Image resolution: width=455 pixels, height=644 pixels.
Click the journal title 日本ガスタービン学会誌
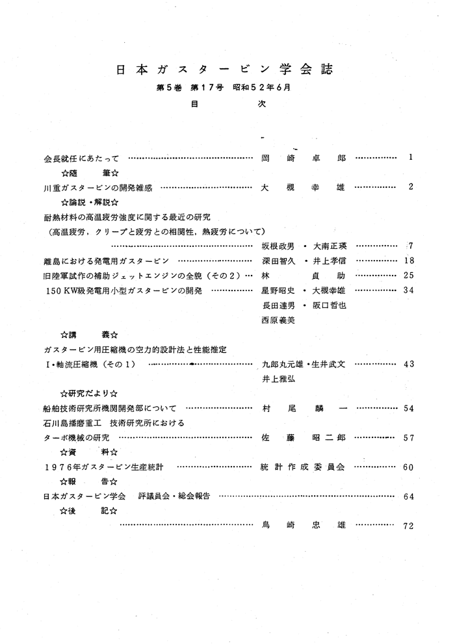pyautogui.click(x=227, y=69)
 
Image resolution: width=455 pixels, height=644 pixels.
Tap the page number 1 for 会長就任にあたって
pyautogui.click(x=411, y=157)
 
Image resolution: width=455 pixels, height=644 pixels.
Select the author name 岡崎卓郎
pyautogui.click(x=303, y=158)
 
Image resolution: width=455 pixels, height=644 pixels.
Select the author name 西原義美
pyautogui.click(x=278, y=320)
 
